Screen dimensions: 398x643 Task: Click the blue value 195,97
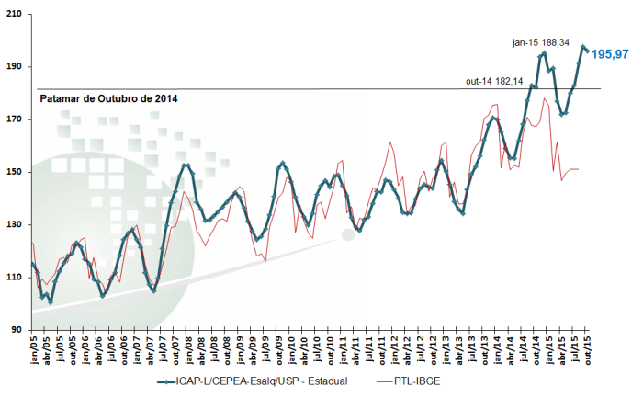tap(609, 54)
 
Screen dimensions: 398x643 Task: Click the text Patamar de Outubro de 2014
tap(108, 97)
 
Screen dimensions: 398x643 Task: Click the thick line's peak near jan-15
tap(544, 53)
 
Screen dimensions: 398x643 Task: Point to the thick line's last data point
tap(588, 50)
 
